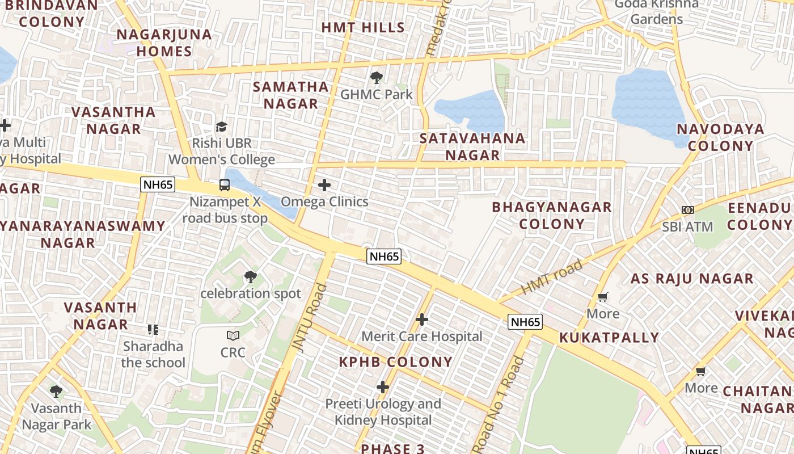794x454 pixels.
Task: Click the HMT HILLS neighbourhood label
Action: tap(363, 27)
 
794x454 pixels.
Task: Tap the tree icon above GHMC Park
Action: tap(376, 78)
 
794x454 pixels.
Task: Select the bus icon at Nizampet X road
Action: tap(225, 184)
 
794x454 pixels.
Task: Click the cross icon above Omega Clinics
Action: tap(324, 185)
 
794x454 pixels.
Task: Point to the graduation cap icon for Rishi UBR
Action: tap(221, 127)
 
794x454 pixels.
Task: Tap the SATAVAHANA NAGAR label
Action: tap(472, 146)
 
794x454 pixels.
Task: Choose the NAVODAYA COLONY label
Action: tap(720, 137)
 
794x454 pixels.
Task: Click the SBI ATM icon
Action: tap(688, 210)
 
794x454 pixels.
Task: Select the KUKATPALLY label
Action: tap(609, 338)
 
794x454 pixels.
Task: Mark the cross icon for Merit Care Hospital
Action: tap(422, 320)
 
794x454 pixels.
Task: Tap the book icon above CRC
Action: tap(233, 335)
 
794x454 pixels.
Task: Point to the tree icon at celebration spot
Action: tap(250, 277)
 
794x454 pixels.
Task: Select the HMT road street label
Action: tap(551, 276)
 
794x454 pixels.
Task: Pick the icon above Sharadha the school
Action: tap(153, 329)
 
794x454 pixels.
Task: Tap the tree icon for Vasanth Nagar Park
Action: tap(56, 391)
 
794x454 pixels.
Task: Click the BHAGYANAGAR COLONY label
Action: tap(552, 215)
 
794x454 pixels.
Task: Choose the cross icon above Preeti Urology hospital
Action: tap(383, 387)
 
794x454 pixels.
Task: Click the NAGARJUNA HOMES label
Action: tap(164, 43)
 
